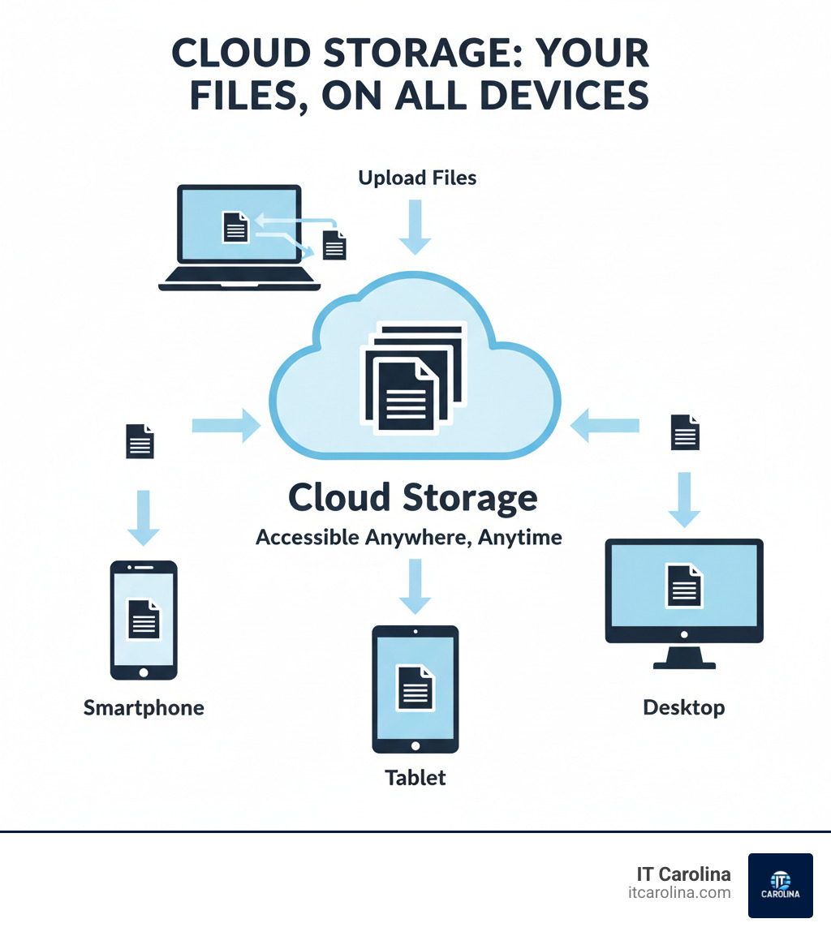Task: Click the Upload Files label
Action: (417, 178)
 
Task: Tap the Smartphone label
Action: (144, 708)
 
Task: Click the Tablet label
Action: (415, 778)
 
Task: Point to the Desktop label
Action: (683, 707)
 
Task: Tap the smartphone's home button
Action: (144, 672)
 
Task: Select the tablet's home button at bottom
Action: (415, 745)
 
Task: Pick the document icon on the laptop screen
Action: (235, 226)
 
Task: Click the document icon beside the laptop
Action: (334, 244)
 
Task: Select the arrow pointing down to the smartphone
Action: (144, 517)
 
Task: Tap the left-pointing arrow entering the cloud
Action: (605, 425)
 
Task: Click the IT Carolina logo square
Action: (780, 885)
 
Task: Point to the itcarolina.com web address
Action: (679, 892)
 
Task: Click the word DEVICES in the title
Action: (558, 95)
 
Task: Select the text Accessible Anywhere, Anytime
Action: (409, 537)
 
